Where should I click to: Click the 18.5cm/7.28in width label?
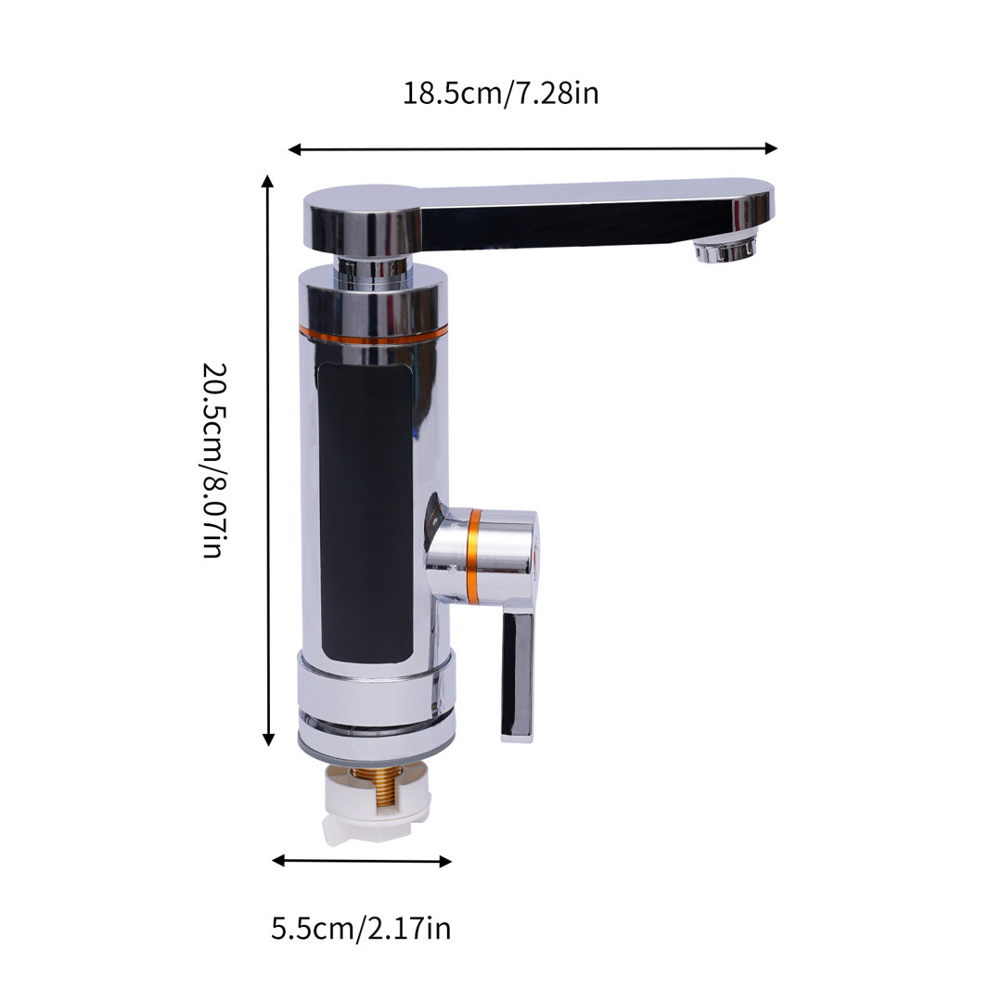(x=500, y=94)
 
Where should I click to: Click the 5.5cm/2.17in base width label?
(x=361, y=927)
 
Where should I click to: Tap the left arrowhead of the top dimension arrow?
(x=294, y=148)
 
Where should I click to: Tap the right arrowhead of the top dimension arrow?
(x=771, y=148)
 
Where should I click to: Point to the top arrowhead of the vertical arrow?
(x=268, y=180)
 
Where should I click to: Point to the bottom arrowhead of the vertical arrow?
(x=268, y=739)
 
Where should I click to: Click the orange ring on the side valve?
(x=473, y=554)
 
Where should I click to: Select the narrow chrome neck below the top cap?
(x=372, y=269)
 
